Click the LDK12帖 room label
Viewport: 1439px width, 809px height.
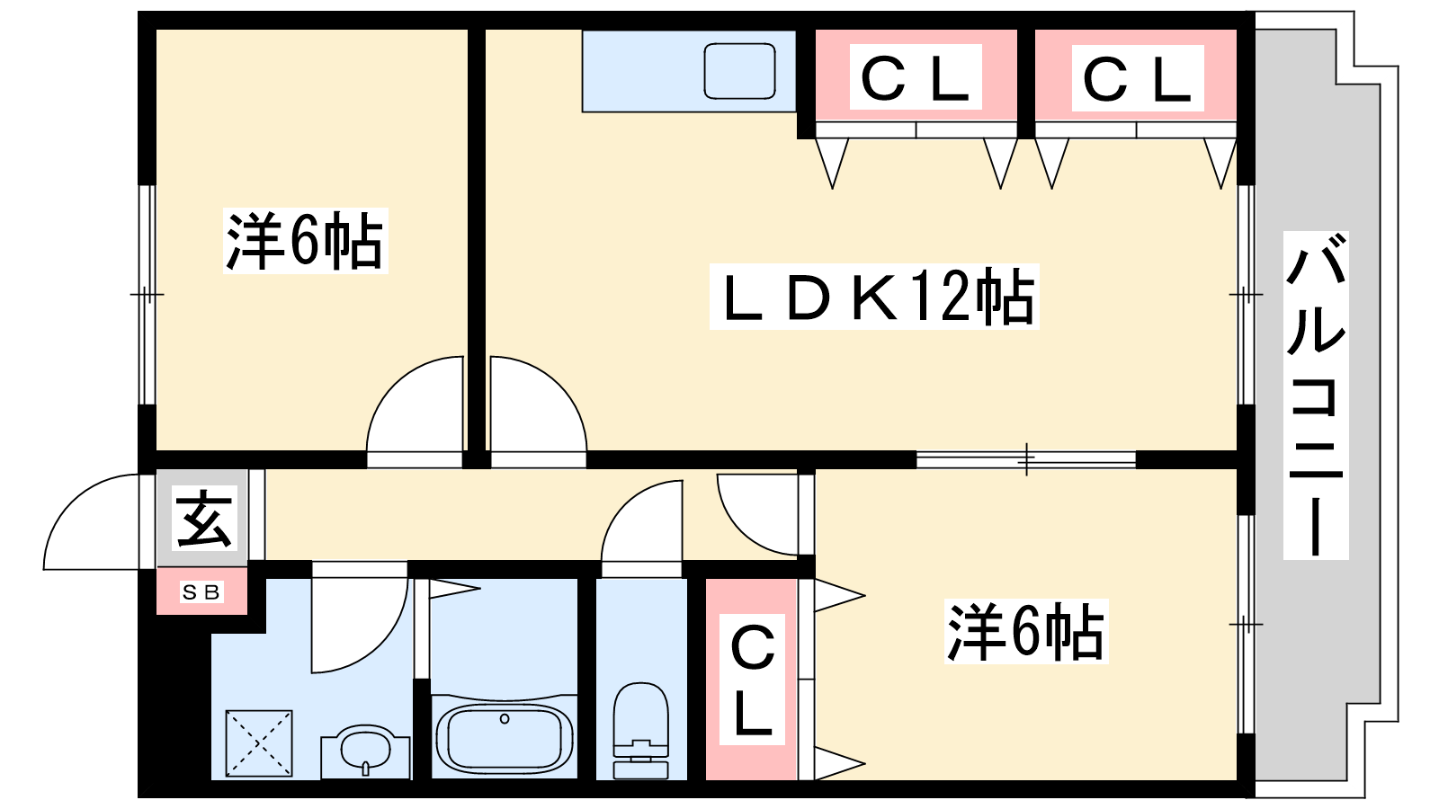[x=874, y=297]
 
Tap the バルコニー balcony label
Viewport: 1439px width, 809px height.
[x=1316, y=395]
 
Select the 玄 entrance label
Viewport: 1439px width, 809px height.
[x=203, y=518]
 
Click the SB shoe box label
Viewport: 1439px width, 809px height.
[x=201, y=591]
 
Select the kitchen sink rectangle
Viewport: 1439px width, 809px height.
[x=739, y=71]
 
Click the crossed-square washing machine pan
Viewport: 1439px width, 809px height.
[x=259, y=743]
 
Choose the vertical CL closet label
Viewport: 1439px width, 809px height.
[x=752, y=679]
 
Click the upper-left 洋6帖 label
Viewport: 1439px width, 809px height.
[x=305, y=241]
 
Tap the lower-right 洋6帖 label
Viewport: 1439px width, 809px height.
[x=1026, y=631]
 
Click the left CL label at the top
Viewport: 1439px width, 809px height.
[x=916, y=76]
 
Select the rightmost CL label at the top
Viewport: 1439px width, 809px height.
[x=1137, y=77]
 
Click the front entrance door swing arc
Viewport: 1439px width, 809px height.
[x=91, y=521]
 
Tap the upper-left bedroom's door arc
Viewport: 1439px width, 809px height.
[x=415, y=404]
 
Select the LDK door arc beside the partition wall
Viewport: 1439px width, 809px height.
[x=539, y=404]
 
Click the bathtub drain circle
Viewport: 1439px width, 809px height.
[x=505, y=718]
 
